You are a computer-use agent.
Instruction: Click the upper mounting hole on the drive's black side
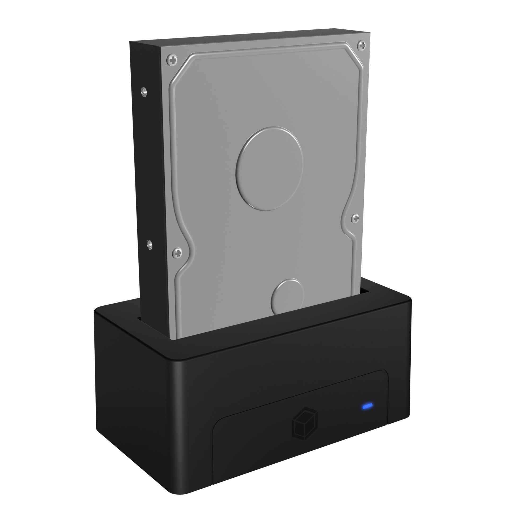coord(143,92)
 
